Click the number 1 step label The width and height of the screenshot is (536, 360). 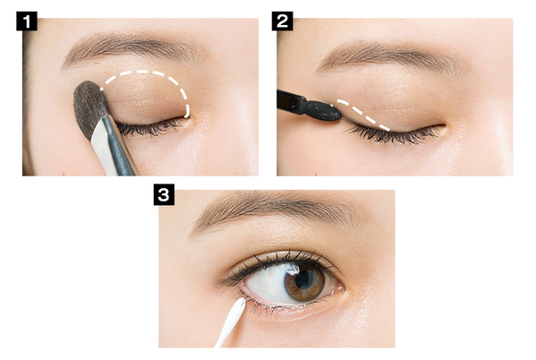[27, 21]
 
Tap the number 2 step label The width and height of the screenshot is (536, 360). [283, 21]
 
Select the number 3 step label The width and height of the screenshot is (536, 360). [164, 194]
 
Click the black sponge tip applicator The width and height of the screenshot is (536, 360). [324, 111]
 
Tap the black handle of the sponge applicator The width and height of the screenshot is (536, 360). [291, 101]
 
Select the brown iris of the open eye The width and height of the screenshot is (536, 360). [304, 281]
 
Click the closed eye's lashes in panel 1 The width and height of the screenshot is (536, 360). [150, 128]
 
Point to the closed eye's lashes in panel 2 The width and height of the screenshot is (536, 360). [393, 135]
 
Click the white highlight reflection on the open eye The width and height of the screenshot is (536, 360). [293, 270]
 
